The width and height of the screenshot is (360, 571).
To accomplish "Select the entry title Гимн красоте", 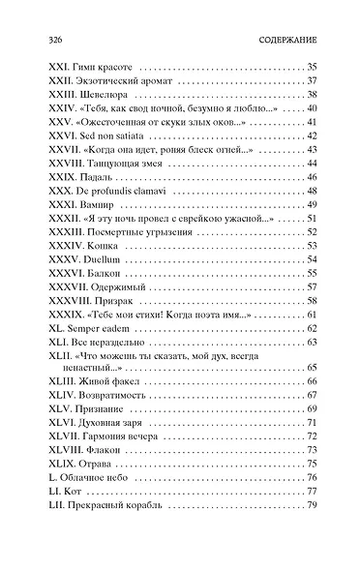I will tap(99, 66).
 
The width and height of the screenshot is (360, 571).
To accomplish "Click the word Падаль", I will tap(95, 177).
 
